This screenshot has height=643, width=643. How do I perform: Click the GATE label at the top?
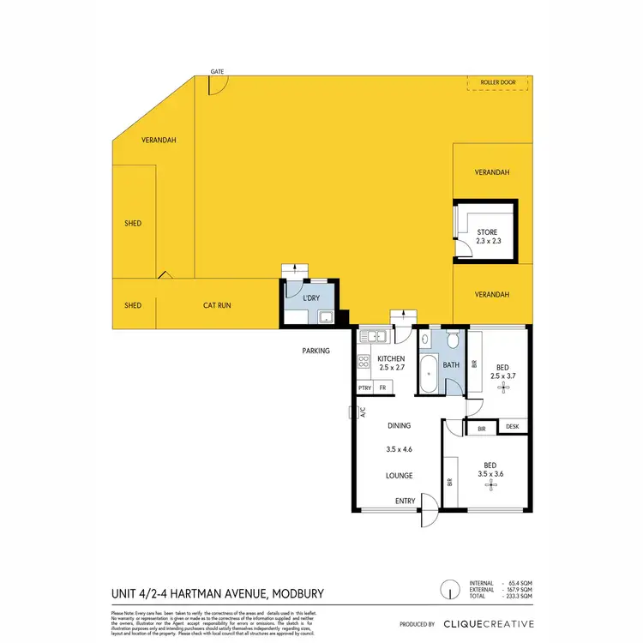(218, 70)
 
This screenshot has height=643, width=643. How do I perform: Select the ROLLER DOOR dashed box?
(498, 82)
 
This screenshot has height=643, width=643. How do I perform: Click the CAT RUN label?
(217, 305)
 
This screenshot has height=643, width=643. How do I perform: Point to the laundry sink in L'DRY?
(326, 319)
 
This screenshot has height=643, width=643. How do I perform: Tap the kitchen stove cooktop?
(364, 361)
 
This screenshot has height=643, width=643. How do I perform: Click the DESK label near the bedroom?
(513, 427)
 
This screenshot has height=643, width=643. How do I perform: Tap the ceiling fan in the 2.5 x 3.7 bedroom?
(504, 387)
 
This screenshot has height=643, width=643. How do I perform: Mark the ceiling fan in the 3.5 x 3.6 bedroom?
(490, 485)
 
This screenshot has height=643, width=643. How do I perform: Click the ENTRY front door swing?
(426, 515)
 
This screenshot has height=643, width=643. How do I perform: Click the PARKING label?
(315, 351)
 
